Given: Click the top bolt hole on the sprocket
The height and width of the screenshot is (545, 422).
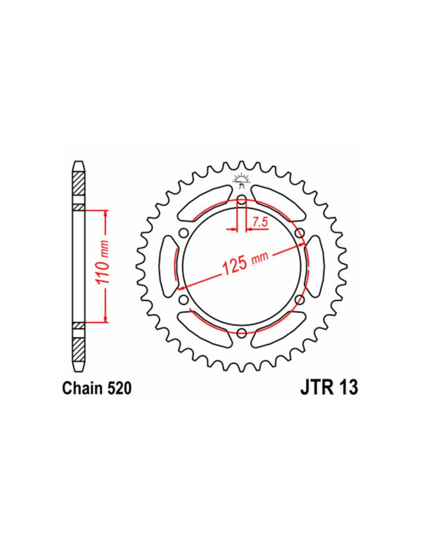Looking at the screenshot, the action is pos(242,200).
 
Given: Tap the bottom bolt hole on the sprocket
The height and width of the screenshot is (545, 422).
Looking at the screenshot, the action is pos(242,333).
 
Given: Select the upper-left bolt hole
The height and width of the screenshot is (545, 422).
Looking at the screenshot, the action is pos(184,233).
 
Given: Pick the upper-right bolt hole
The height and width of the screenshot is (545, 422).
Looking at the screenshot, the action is pos(299,233).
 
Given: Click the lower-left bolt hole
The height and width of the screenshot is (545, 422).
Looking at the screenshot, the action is pos(184,299).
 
